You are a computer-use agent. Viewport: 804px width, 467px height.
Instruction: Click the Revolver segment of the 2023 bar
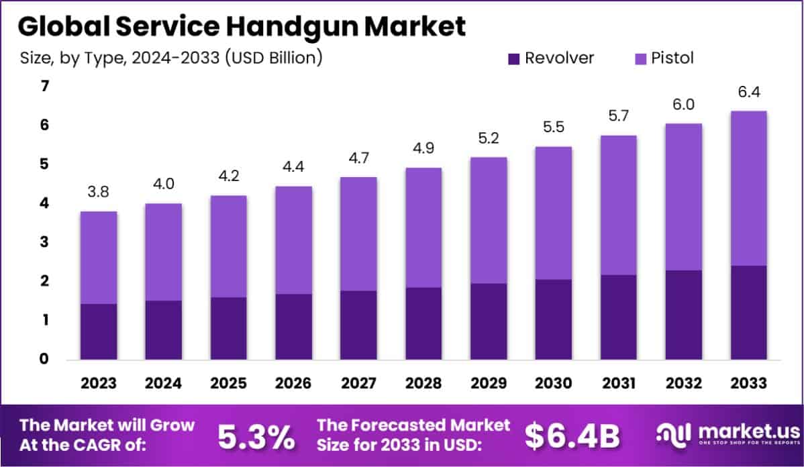(x=98, y=331)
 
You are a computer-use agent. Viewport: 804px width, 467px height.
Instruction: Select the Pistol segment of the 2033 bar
(x=748, y=188)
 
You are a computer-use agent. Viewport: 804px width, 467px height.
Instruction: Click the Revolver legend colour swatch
(x=514, y=58)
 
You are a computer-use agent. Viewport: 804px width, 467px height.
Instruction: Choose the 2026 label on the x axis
(x=293, y=384)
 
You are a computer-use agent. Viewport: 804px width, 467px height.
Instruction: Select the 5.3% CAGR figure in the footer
(x=256, y=437)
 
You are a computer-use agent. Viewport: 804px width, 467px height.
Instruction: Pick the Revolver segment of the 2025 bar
(x=228, y=328)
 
